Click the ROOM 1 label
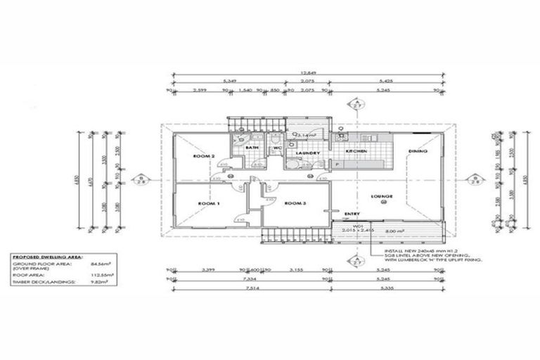pyautogui.click(x=209, y=203)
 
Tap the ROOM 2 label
pyautogui.click(x=204, y=155)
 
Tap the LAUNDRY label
pyautogui.click(x=309, y=153)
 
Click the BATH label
pyautogui.click(x=252, y=148)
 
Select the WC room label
pyautogui.click(x=277, y=148)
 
